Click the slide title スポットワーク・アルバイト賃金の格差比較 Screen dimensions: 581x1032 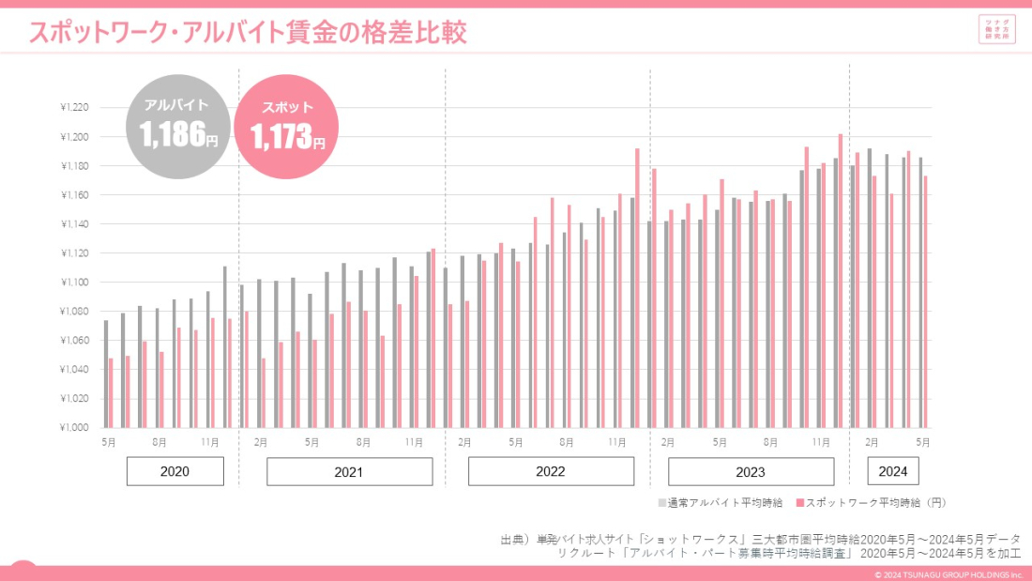click(x=248, y=33)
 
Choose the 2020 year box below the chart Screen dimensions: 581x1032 click(x=175, y=471)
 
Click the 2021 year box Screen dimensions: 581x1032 click(x=349, y=471)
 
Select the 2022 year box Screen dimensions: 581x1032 click(x=550, y=471)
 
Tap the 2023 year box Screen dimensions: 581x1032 click(x=751, y=471)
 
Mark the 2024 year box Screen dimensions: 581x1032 click(x=893, y=471)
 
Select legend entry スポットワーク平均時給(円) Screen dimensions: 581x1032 click(x=873, y=503)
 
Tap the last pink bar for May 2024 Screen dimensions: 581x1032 click(x=925, y=300)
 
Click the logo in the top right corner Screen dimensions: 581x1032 click(x=996, y=29)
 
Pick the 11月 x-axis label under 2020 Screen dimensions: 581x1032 click(x=210, y=441)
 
